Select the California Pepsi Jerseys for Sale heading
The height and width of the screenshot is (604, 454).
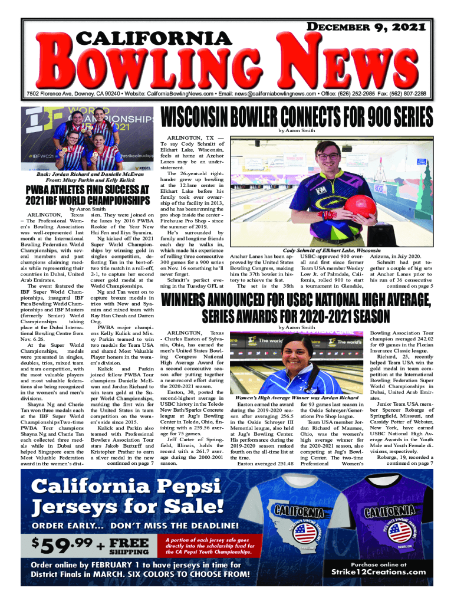(129, 496)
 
